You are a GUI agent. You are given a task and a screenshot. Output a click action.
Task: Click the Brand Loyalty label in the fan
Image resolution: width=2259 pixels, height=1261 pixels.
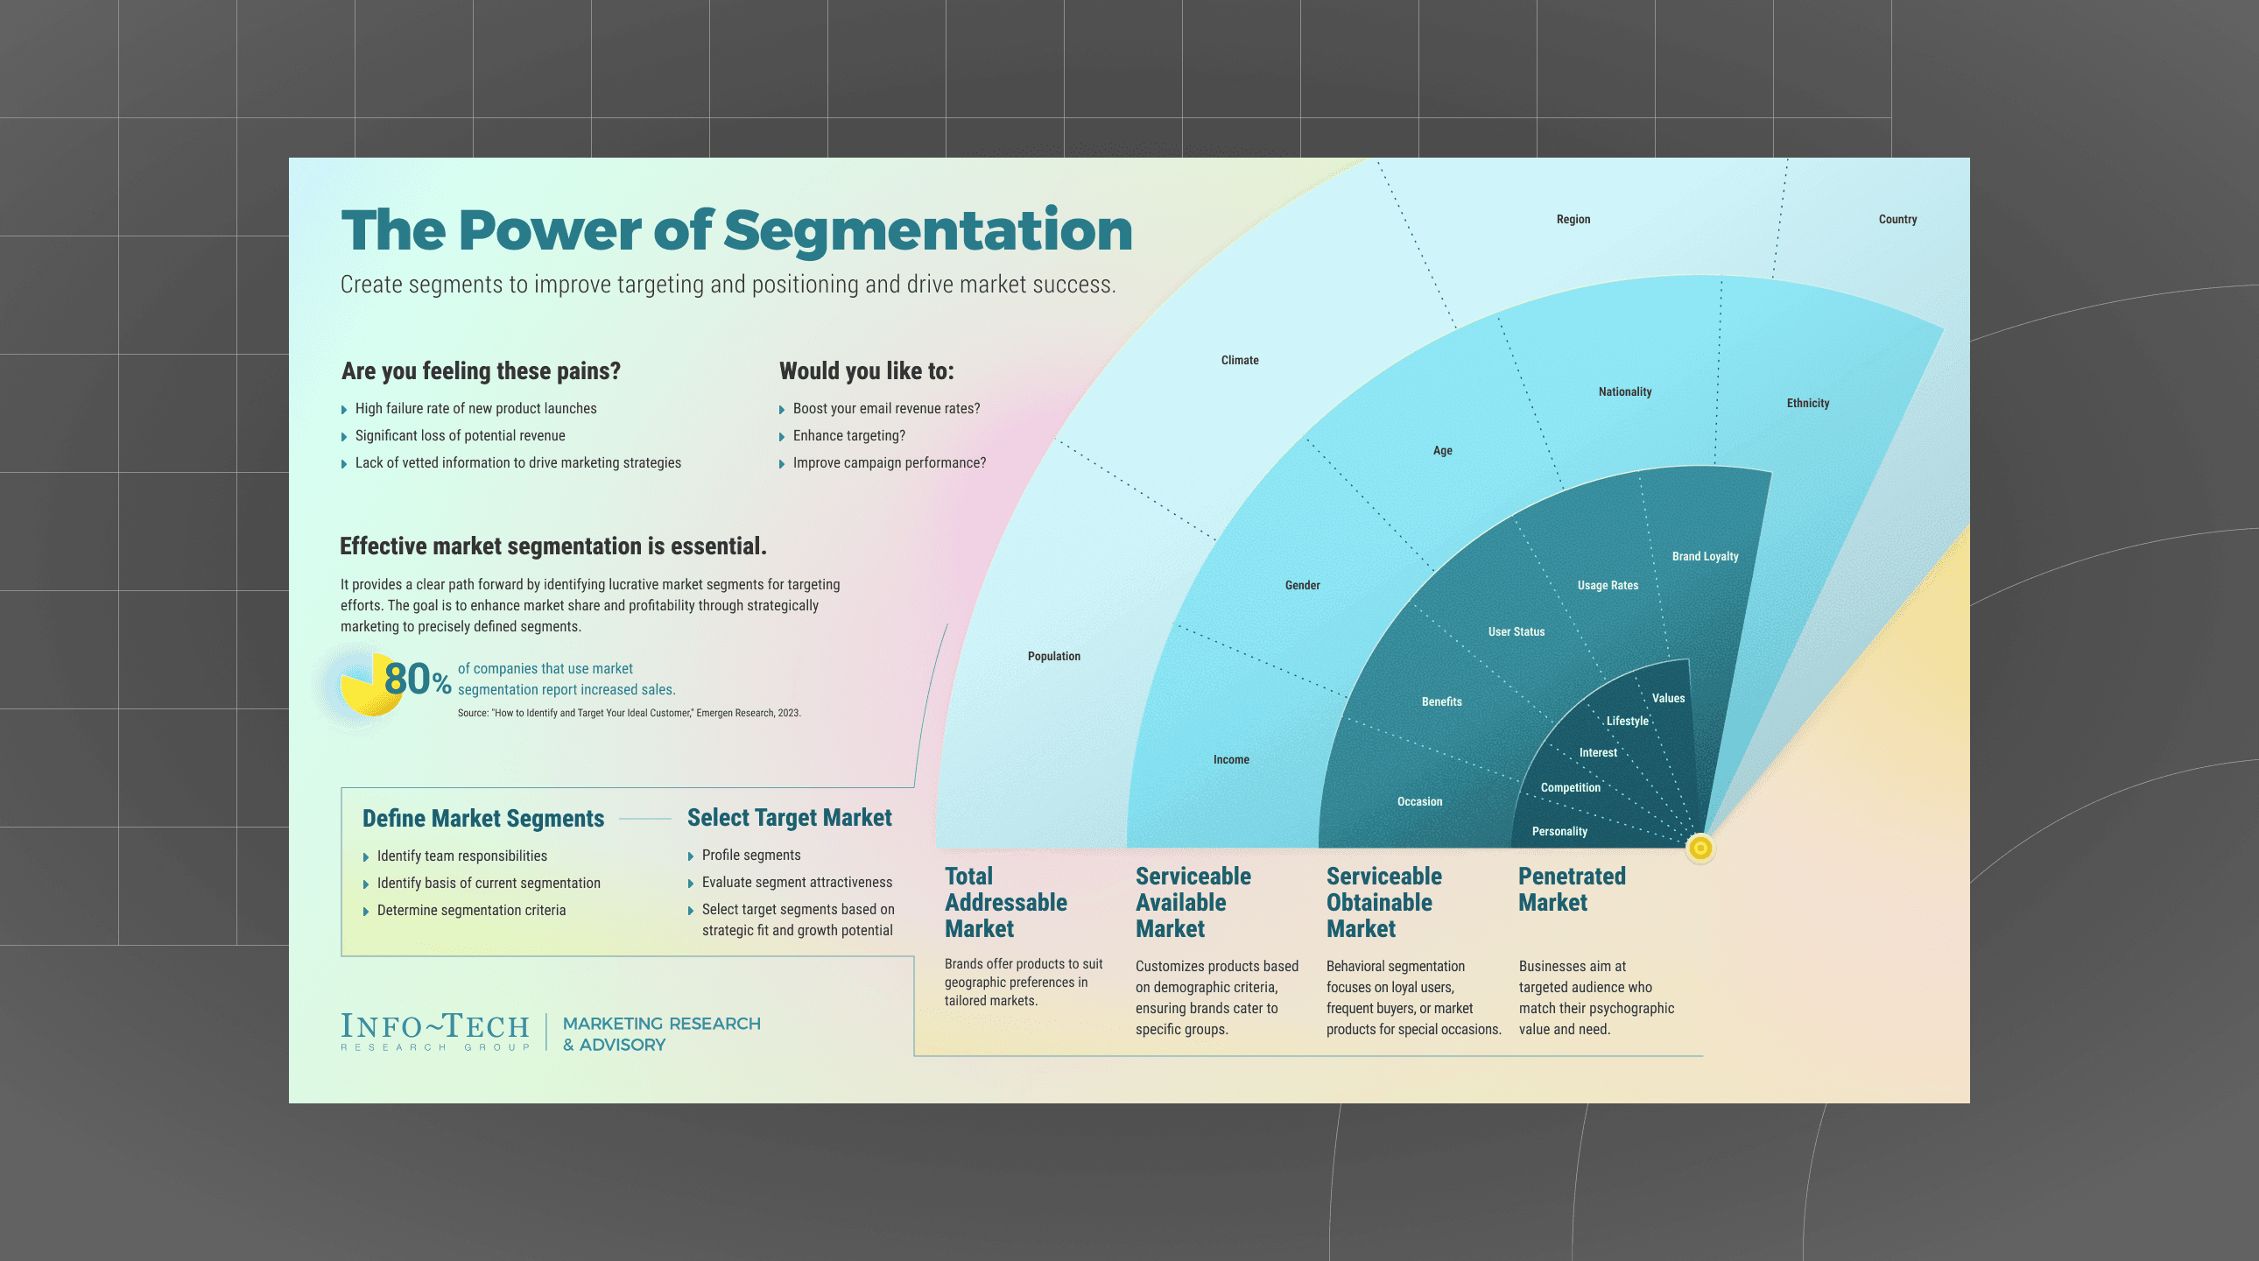(1704, 557)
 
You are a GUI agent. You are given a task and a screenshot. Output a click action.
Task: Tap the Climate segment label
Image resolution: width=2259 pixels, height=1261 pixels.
(1239, 361)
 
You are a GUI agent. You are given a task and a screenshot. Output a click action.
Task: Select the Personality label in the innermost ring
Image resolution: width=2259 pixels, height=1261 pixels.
(1559, 831)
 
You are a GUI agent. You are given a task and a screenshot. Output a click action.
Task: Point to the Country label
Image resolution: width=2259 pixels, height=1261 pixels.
(1897, 219)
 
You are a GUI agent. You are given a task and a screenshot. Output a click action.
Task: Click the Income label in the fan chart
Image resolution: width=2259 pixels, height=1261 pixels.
(1230, 759)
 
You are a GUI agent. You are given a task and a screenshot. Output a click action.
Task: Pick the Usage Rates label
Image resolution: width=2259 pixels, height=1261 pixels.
(1607, 586)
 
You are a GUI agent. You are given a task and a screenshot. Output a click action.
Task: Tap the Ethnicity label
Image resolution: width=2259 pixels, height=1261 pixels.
(1807, 404)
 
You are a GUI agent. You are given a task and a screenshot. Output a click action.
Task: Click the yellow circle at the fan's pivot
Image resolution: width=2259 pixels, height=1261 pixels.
(1700, 848)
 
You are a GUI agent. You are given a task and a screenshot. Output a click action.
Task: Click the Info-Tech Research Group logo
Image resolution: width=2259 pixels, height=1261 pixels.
(435, 1032)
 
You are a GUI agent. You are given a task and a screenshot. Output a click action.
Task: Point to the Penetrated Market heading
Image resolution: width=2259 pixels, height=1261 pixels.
(1571, 889)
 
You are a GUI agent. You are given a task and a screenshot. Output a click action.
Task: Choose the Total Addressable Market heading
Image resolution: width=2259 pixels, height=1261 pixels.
(1005, 902)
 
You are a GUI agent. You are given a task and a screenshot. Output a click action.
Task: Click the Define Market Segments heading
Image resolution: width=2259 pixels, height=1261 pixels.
(483, 819)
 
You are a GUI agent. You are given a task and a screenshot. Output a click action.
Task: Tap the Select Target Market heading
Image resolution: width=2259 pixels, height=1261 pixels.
(788, 818)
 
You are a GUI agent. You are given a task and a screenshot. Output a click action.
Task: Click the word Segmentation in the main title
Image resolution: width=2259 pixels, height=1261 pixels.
(927, 230)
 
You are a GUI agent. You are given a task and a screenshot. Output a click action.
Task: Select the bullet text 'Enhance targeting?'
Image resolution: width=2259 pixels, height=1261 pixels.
(848, 436)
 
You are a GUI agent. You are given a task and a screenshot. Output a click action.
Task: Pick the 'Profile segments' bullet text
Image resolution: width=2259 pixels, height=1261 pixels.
(750, 855)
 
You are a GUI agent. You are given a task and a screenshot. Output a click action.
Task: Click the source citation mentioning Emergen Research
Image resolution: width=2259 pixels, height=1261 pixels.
(628, 713)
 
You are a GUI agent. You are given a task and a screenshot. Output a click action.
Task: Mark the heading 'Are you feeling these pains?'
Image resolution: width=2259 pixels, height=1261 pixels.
(481, 371)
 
